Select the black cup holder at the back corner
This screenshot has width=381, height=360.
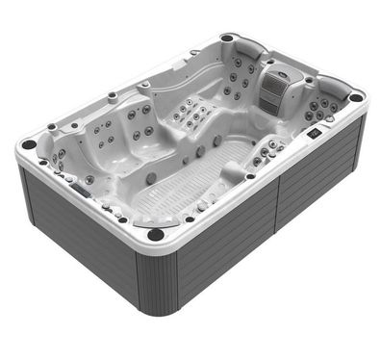click(x=226, y=39)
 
